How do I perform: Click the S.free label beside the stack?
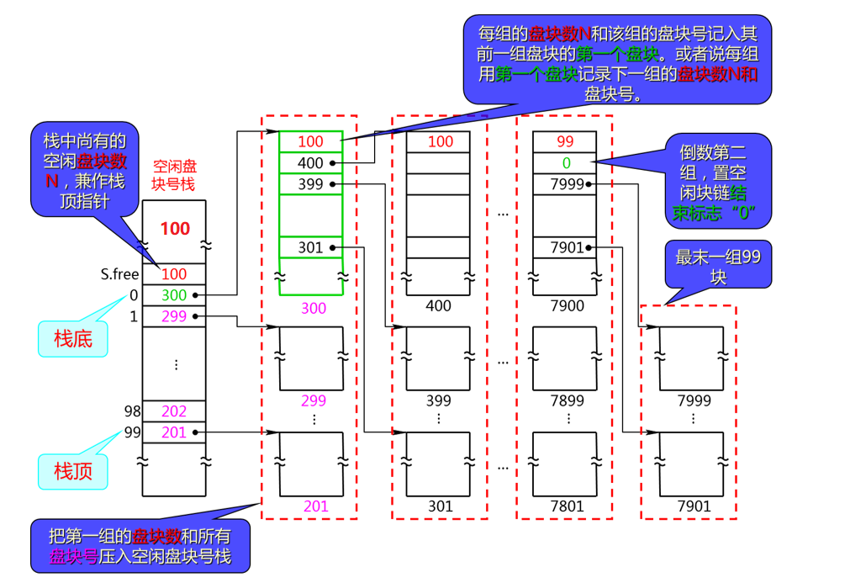click(x=119, y=273)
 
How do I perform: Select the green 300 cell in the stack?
click(x=174, y=295)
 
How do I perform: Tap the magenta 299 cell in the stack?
click(x=174, y=317)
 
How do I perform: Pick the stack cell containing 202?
click(x=174, y=411)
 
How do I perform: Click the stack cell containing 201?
click(x=174, y=432)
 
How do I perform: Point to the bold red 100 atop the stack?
click(x=175, y=228)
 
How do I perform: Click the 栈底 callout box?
click(x=73, y=338)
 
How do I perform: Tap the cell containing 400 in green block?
click(x=311, y=162)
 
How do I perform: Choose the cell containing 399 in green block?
click(x=311, y=183)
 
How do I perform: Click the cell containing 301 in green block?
click(x=311, y=247)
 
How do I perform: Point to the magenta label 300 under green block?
click(x=313, y=308)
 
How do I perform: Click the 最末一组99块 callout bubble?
click(x=717, y=267)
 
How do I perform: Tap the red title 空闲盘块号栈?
click(x=174, y=176)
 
